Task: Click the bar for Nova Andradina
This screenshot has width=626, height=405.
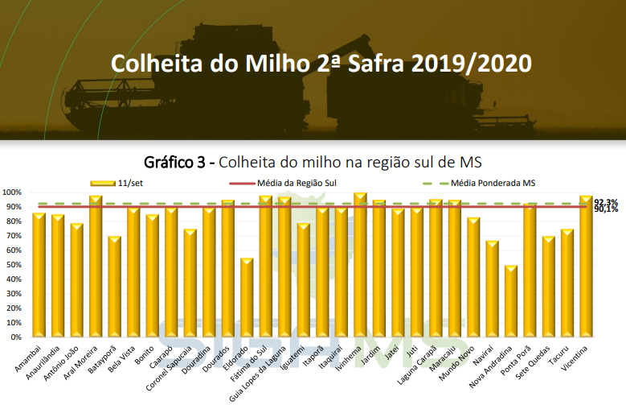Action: [511, 301]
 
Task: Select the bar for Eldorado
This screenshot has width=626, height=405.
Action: [247, 297]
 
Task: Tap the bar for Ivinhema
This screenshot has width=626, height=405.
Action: [360, 265]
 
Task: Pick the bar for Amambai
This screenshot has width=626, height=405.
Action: [39, 275]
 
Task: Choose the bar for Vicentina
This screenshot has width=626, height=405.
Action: [586, 267]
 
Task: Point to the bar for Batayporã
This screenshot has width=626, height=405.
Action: [114, 287]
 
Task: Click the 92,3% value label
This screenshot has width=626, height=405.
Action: [607, 201]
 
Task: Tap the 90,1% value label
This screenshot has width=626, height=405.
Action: [607, 209]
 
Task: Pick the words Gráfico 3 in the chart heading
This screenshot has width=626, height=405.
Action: [176, 159]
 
